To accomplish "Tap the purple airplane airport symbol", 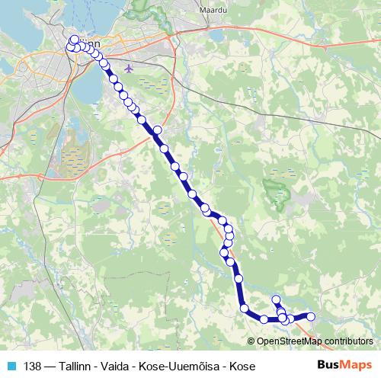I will click(127, 68).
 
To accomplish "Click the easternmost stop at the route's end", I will click(310, 316).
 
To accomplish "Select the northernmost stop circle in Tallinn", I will click(74, 40).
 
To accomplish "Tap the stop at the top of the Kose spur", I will click(277, 299).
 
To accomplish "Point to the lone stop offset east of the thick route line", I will click(158, 130).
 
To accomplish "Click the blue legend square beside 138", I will click(11, 365).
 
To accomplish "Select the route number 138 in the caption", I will click(33, 365).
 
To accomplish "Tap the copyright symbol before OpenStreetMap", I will click(252, 341).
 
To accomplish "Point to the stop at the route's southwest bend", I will click(245, 309).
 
